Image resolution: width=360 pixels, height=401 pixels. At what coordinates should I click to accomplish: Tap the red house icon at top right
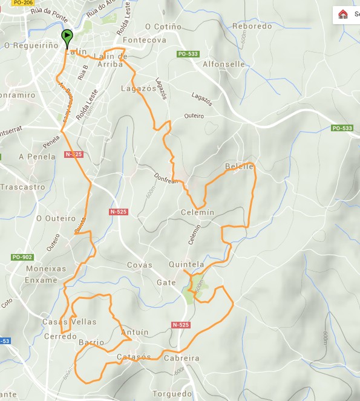[x=343, y=14]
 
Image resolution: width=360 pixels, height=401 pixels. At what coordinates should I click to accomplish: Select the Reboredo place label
[x=252, y=26]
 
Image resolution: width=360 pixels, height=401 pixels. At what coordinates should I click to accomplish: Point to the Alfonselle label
[x=224, y=64]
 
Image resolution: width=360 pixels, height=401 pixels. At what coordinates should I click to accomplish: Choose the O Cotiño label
[x=163, y=27]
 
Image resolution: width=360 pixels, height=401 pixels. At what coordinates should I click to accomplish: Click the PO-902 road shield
[x=22, y=257]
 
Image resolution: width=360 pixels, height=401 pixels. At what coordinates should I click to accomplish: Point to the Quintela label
[x=186, y=264]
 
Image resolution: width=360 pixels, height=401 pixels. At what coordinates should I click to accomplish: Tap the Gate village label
[x=166, y=283]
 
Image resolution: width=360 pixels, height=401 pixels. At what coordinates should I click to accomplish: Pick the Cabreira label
[x=182, y=358]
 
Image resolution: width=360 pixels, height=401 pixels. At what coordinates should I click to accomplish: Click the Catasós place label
[x=134, y=357]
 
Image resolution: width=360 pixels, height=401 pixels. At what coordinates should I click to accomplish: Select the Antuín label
[x=134, y=333]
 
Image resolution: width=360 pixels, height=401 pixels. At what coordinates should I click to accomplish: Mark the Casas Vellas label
[x=69, y=322]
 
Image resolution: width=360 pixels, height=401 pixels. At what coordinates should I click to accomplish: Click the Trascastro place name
[x=22, y=187]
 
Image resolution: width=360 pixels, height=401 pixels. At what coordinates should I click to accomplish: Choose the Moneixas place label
[x=45, y=268]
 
